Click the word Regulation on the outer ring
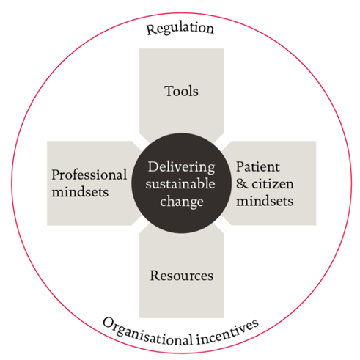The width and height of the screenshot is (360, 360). (x=180, y=29)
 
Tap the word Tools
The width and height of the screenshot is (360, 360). (x=181, y=91)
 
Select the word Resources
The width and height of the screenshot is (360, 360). (x=182, y=276)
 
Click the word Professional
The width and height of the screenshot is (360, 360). (x=89, y=175)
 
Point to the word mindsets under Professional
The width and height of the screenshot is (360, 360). (x=80, y=192)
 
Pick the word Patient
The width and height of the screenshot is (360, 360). (x=258, y=167)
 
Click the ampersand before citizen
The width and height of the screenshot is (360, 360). (x=242, y=184)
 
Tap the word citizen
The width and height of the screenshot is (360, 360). (x=273, y=184)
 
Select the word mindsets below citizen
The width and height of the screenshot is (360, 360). (x=265, y=201)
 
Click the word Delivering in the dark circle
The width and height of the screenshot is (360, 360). (x=182, y=167)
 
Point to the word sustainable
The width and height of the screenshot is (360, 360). (x=180, y=184)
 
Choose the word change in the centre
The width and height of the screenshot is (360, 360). (x=182, y=202)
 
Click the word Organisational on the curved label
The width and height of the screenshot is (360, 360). (x=148, y=334)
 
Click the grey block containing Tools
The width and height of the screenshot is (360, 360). (x=181, y=93)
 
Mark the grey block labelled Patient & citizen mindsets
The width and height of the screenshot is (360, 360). (x=271, y=183)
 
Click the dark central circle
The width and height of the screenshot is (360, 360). (x=181, y=183)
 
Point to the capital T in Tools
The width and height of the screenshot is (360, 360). (x=169, y=91)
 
